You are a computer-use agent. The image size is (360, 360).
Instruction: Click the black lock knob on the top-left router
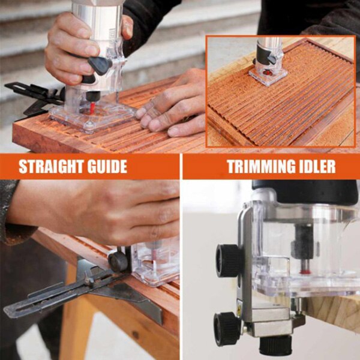100,65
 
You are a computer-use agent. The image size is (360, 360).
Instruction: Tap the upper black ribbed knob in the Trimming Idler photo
228,260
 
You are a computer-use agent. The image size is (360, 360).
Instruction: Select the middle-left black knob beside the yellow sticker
226,328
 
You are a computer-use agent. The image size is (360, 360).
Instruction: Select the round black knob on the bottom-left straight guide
117,261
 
